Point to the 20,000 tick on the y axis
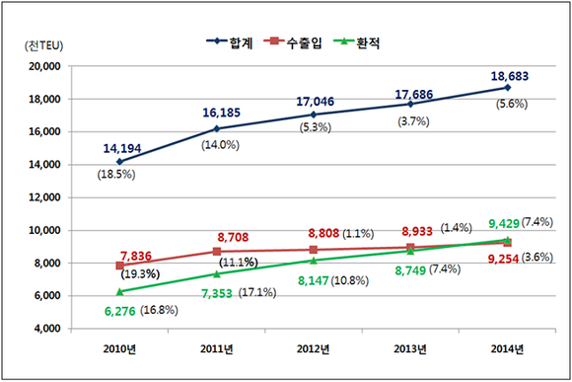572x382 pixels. coord(44,66)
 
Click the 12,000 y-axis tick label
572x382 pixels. coord(44,197)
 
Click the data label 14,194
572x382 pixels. coord(121,148)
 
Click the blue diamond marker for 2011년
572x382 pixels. coord(216,128)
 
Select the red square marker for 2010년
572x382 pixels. coord(119,266)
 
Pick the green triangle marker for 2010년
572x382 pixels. coord(119,291)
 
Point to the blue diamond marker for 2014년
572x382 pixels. coord(506,88)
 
